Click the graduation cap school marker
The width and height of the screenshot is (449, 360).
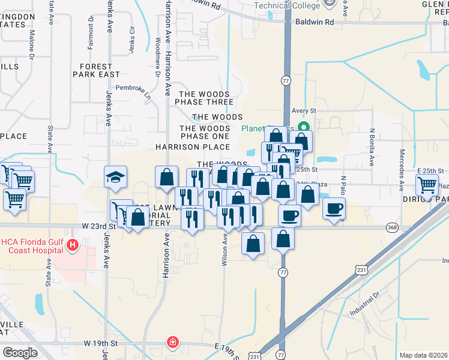116,177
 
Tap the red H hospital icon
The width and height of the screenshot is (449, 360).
73,245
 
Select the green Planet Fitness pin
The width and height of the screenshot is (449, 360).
304,127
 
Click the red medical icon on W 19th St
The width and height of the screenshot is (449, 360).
173,343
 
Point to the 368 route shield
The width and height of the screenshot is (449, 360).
393,227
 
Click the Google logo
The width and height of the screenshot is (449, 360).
20,353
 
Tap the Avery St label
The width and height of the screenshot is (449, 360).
304,111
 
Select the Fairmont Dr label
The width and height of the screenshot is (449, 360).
91,30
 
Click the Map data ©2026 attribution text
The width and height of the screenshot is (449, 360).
423,355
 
